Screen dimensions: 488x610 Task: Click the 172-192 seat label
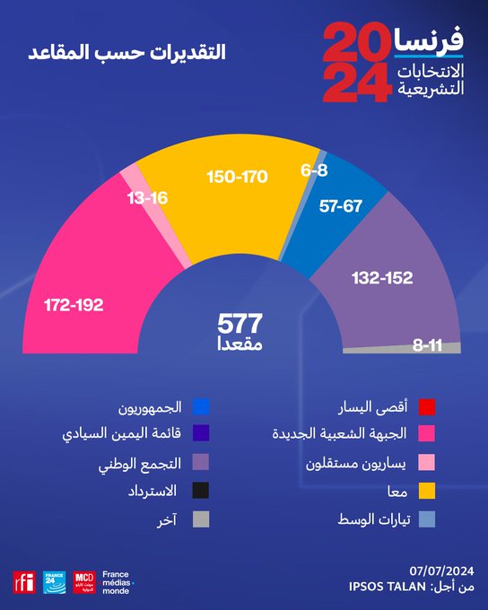pos(74,305)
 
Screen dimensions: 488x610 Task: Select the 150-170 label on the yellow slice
pos(238,177)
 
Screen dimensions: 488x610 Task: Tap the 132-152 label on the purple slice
pos(382,278)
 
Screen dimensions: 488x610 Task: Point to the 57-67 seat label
pos(341,205)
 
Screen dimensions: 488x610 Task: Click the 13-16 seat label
pos(147,198)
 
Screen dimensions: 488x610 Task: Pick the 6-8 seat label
pos(314,170)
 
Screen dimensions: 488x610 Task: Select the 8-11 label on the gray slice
pos(427,345)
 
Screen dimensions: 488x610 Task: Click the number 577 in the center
pos(240,324)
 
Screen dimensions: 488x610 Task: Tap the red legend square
pos(427,407)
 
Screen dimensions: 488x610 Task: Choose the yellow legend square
pos(427,491)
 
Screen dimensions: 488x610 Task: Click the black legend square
pos(201,490)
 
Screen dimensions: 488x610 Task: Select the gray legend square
pos(201,519)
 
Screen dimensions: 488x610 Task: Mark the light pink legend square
pos(427,463)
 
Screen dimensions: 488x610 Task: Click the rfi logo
pos(24,582)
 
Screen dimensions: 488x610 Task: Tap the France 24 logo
pos(55,582)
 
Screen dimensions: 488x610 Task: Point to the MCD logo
pos(84,582)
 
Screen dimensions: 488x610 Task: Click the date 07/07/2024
pos(441,571)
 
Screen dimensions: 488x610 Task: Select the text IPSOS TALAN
pos(388,587)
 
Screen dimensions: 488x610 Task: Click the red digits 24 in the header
pos(357,83)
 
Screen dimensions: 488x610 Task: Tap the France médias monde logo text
pos(118,582)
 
